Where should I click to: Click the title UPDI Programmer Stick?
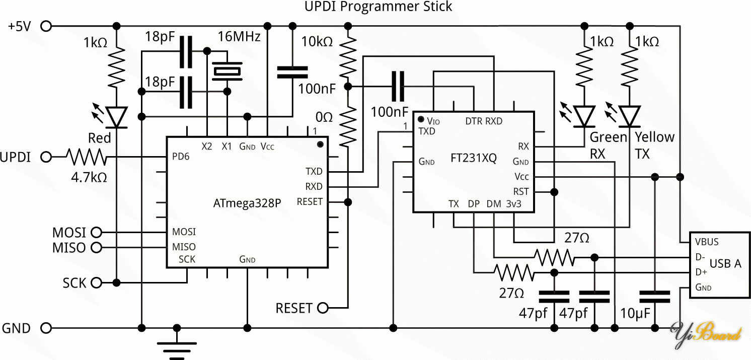[379, 7]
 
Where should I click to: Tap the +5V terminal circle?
[46, 26]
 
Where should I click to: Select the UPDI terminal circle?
[46, 157]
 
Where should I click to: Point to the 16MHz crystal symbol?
[228, 71]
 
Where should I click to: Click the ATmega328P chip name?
[247, 204]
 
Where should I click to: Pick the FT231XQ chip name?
[474, 159]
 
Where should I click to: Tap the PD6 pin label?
[181, 157]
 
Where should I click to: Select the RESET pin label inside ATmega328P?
[310, 202]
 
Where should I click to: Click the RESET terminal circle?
[323, 308]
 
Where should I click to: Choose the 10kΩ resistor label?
[317, 42]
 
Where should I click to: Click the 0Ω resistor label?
[324, 118]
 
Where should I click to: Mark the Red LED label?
[99, 138]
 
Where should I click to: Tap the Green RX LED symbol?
[584, 116]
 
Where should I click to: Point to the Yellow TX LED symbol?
[629, 116]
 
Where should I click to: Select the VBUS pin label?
[707, 242]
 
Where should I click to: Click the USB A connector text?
[725, 263]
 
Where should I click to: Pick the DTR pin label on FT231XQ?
[474, 121]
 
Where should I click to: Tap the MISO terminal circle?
[96, 247]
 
